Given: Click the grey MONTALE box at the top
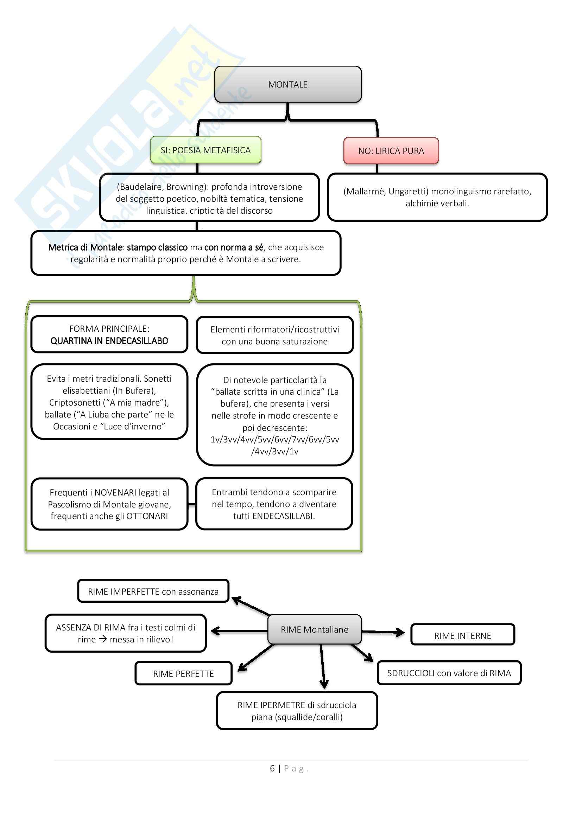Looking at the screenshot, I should [288, 84].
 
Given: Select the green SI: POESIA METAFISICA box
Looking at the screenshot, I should [206, 150].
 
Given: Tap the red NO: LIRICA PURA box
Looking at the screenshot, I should [391, 151].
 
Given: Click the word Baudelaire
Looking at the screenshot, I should [141, 187].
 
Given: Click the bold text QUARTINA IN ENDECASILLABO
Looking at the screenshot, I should [109, 341].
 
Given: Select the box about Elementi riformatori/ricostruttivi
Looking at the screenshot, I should [274, 335].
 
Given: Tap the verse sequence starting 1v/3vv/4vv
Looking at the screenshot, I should [274, 440].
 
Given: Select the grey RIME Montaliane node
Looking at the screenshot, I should [314, 629].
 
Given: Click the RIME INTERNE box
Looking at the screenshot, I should [462, 636].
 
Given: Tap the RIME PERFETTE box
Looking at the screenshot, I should [183, 674].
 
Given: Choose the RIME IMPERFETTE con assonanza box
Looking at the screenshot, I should [153, 592].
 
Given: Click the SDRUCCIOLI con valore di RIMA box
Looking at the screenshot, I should [449, 673].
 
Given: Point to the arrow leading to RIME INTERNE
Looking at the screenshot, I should [384, 632].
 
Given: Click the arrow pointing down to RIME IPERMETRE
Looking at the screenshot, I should [323, 666].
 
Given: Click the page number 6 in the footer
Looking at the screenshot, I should [272, 769].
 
